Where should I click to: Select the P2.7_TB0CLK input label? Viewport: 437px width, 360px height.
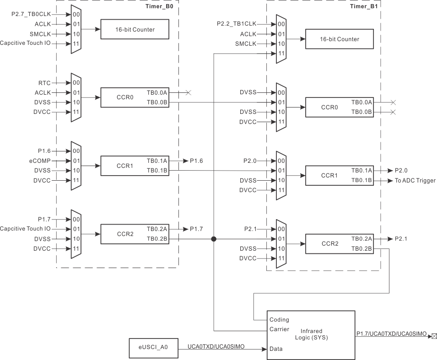[31, 14]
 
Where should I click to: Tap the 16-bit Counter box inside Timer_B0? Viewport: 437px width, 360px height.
[135, 29]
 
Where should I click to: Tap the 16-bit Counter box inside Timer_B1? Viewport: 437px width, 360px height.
[339, 39]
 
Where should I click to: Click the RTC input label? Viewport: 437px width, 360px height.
[45, 83]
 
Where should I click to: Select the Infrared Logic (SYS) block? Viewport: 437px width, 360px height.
[311, 334]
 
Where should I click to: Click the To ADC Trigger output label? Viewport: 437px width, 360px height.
[415, 181]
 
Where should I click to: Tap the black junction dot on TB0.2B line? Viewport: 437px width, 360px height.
[213, 239]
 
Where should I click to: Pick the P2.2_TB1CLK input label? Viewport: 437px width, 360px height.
[237, 24]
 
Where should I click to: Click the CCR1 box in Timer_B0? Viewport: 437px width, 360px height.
[135, 165]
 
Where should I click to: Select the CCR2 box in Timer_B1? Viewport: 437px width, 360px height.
[339, 244]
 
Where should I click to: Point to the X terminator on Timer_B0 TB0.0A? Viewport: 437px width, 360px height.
[188, 93]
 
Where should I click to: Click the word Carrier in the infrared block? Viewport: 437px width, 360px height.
[279, 329]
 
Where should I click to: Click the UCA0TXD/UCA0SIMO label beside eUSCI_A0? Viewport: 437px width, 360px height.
[216, 347]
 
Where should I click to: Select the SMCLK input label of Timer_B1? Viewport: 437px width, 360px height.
[246, 43]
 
